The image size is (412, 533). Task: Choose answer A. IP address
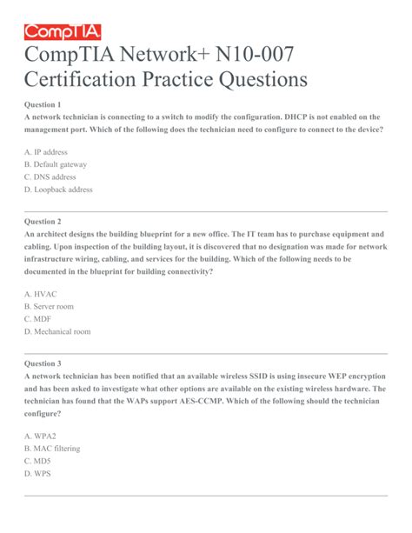(46, 150)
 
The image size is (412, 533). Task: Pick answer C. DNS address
(50, 177)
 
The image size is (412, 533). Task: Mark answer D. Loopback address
(58, 190)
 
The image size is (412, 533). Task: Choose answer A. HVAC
(40, 294)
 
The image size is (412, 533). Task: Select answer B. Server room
(49, 307)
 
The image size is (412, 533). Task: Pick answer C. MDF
(37, 319)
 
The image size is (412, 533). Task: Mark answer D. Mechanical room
(57, 332)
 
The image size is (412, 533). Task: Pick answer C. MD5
(37, 462)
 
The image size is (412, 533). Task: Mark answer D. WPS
(37, 474)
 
